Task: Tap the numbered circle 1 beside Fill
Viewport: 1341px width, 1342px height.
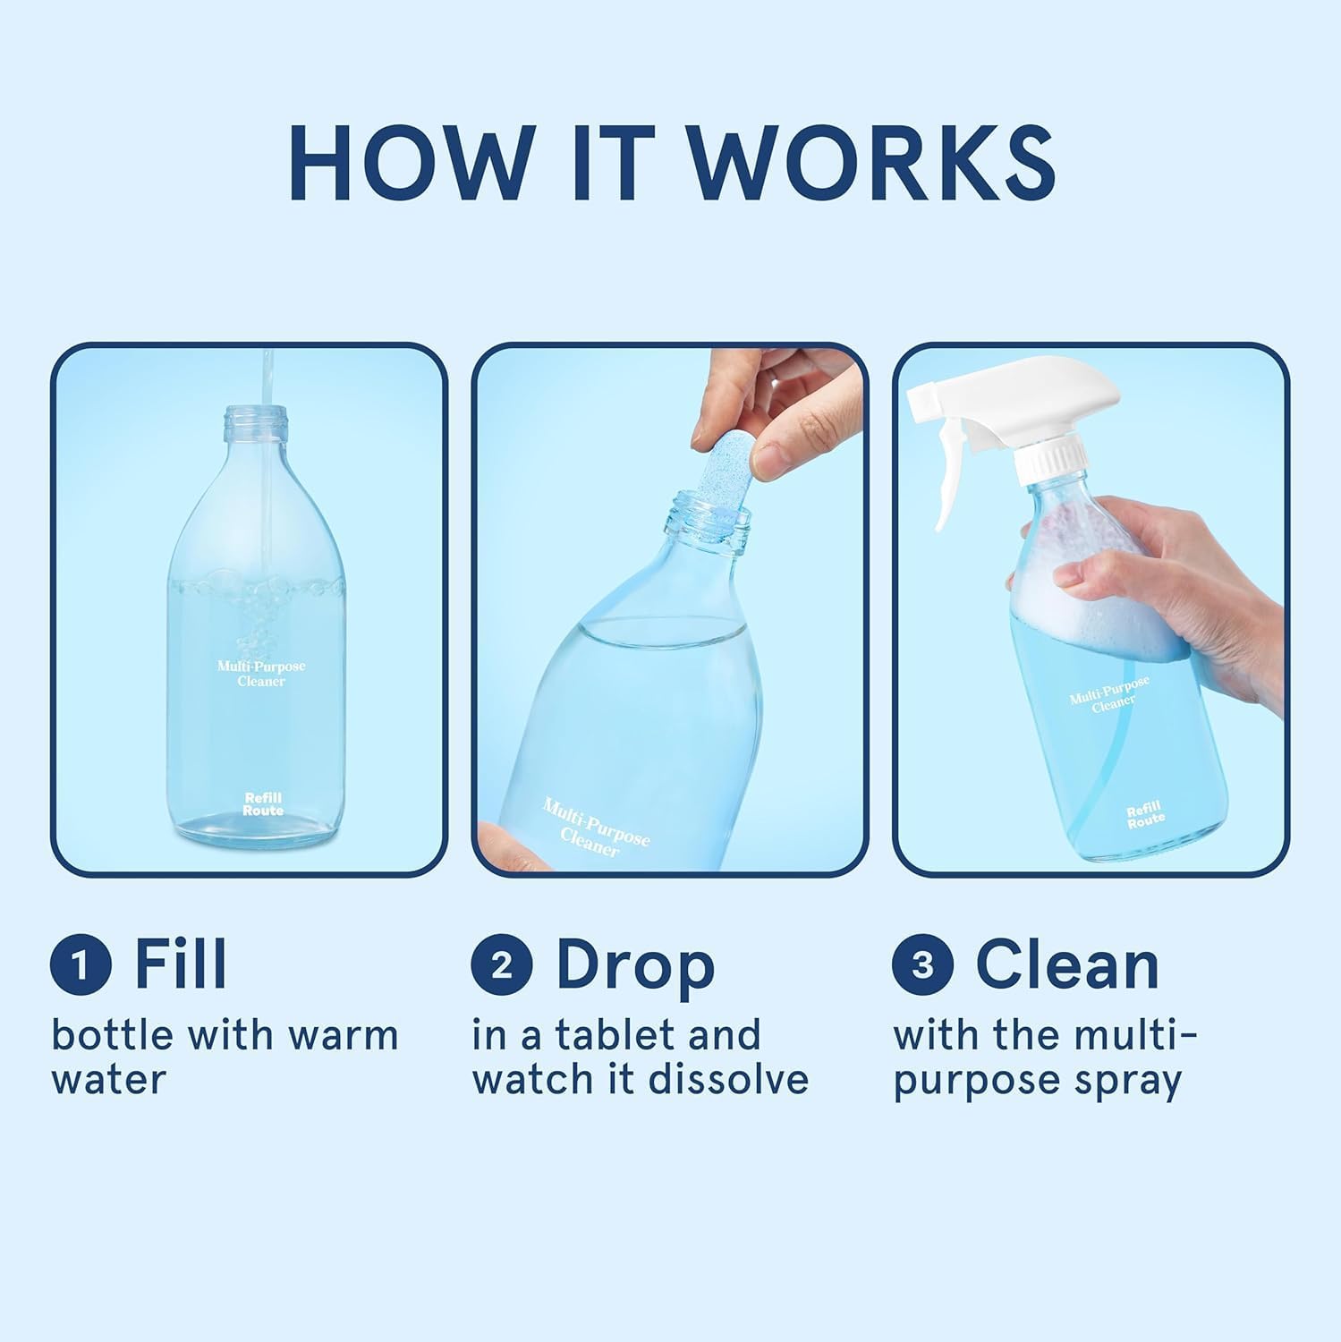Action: pos(81,966)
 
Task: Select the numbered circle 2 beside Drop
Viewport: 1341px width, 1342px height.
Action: pos(502,966)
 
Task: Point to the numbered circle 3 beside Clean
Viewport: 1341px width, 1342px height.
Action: pos(923,966)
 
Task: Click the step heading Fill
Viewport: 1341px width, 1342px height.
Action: pos(181,964)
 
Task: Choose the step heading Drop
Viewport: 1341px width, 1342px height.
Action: pos(635,966)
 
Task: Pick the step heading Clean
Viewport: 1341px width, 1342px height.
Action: pos(1067,964)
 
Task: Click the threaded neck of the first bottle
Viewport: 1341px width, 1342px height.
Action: pos(257,418)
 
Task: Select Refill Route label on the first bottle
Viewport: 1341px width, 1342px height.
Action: pos(263,803)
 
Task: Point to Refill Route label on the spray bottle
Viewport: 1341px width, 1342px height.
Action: pos(1145,815)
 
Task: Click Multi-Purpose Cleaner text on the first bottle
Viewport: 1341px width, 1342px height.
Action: pos(261,674)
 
